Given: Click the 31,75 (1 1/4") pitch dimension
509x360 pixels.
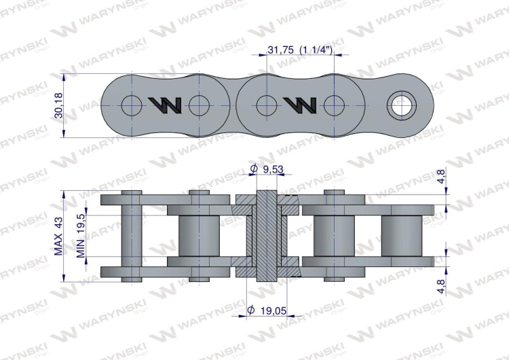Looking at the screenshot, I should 300,50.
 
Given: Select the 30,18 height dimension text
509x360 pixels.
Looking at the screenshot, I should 59,105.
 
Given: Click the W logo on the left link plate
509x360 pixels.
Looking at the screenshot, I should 165,105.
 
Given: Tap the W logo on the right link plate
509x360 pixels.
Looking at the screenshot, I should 299,105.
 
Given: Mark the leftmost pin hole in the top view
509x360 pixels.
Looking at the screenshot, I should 130,105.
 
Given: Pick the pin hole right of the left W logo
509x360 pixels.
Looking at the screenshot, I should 199,105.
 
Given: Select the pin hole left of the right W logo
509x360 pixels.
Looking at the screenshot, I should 266,105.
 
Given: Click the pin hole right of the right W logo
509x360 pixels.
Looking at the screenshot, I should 333,105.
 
